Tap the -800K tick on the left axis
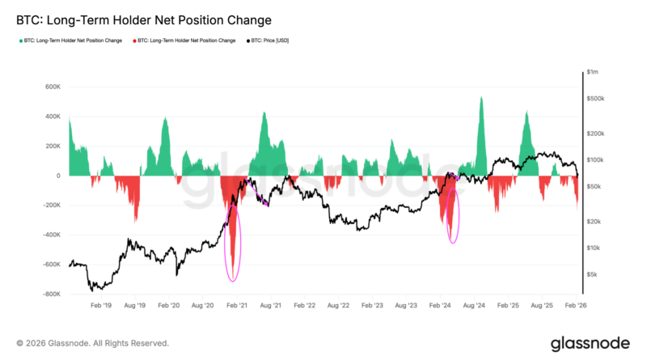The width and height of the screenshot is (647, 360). (50, 294)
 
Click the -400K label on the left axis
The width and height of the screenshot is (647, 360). (50, 235)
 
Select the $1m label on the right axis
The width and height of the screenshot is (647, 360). (594, 72)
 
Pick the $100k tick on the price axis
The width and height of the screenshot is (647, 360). (596, 160)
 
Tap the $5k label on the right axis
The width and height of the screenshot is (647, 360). (594, 275)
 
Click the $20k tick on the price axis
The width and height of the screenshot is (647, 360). (595, 222)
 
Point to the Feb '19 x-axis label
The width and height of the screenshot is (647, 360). (101, 307)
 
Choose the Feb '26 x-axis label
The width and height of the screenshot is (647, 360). (576, 307)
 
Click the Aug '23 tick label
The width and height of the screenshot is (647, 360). (406, 307)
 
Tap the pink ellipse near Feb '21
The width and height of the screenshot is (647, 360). (233, 242)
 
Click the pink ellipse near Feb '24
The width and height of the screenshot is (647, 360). (452, 215)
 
